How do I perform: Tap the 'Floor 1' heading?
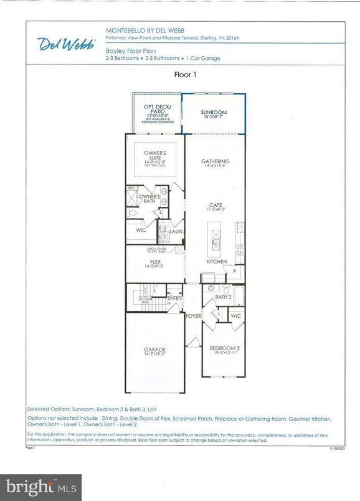pos(186,74)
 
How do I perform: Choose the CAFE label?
pos(216,205)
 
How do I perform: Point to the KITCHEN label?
pos(216,261)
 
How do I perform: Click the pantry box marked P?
pos(234,272)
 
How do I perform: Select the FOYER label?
pos(194,316)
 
